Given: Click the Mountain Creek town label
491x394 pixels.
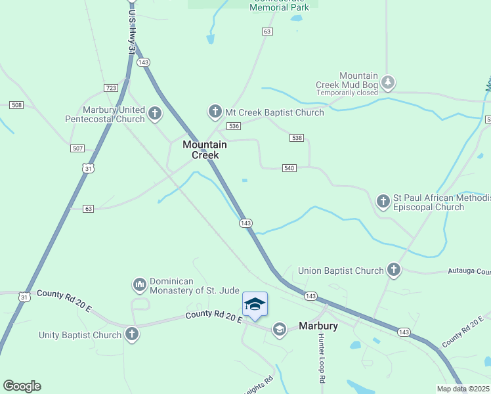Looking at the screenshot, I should click(204, 150).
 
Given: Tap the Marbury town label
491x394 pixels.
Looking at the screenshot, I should click(318, 326).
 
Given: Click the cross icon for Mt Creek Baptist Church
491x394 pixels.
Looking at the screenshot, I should click(215, 112).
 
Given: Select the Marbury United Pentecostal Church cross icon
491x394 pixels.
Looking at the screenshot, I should click(155, 114).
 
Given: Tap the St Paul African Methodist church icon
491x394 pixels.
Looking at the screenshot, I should click(383, 200).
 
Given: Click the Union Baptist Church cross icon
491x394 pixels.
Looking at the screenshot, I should click(393, 270).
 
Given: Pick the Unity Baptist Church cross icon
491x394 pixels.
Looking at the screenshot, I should click(132, 334).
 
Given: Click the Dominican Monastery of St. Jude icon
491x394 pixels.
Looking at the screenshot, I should click(139, 284).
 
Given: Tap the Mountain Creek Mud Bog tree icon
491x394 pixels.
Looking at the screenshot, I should click(389, 81).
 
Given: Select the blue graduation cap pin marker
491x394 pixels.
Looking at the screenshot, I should click(255, 305).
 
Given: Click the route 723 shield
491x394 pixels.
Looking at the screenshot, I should click(110, 88).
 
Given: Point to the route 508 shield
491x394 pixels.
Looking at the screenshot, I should click(16, 105).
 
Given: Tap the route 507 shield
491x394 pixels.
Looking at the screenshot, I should click(78, 148).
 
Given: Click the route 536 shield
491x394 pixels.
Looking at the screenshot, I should click(233, 125).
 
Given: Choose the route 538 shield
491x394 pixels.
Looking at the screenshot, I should click(297, 137).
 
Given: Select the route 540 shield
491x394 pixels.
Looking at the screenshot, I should click(289, 168).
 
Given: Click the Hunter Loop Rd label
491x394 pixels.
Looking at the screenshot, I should click(322, 359).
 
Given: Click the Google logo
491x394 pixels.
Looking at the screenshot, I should click(22, 386).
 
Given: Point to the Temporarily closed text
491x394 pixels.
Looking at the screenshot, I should click(347, 93).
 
